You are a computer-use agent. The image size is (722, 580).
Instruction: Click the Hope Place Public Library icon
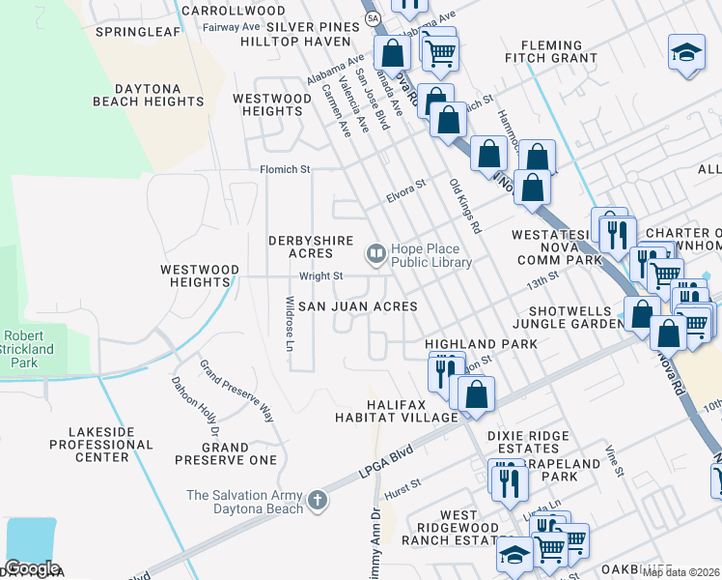click(375, 254)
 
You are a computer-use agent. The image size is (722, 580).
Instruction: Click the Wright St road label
click(320, 276)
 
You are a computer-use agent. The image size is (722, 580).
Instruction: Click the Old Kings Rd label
click(464, 207)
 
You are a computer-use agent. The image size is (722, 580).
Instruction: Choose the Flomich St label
click(285, 169)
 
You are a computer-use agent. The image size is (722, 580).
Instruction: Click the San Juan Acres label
click(357, 306)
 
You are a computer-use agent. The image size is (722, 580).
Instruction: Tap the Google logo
click(32, 568)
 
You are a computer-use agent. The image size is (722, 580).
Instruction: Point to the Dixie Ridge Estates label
click(528, 442)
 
